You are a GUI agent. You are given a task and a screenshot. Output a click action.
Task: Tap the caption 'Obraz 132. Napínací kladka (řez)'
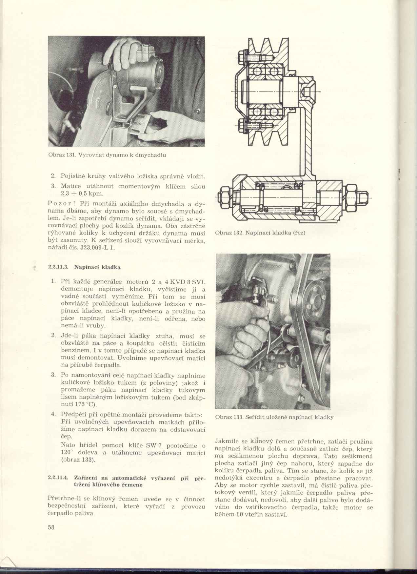coord(260,233)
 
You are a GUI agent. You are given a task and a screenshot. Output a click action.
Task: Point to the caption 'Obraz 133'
coord(228,418)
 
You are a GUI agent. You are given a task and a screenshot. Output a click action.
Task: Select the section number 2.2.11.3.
coord(58,267)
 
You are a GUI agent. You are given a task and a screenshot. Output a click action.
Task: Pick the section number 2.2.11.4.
coord(58,478)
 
